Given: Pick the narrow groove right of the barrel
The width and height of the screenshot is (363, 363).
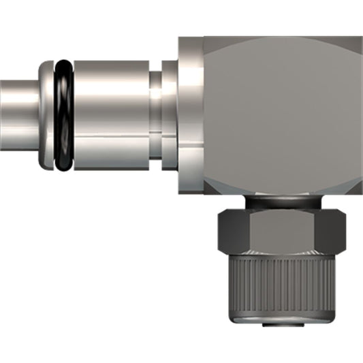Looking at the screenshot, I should coord(156,116).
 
